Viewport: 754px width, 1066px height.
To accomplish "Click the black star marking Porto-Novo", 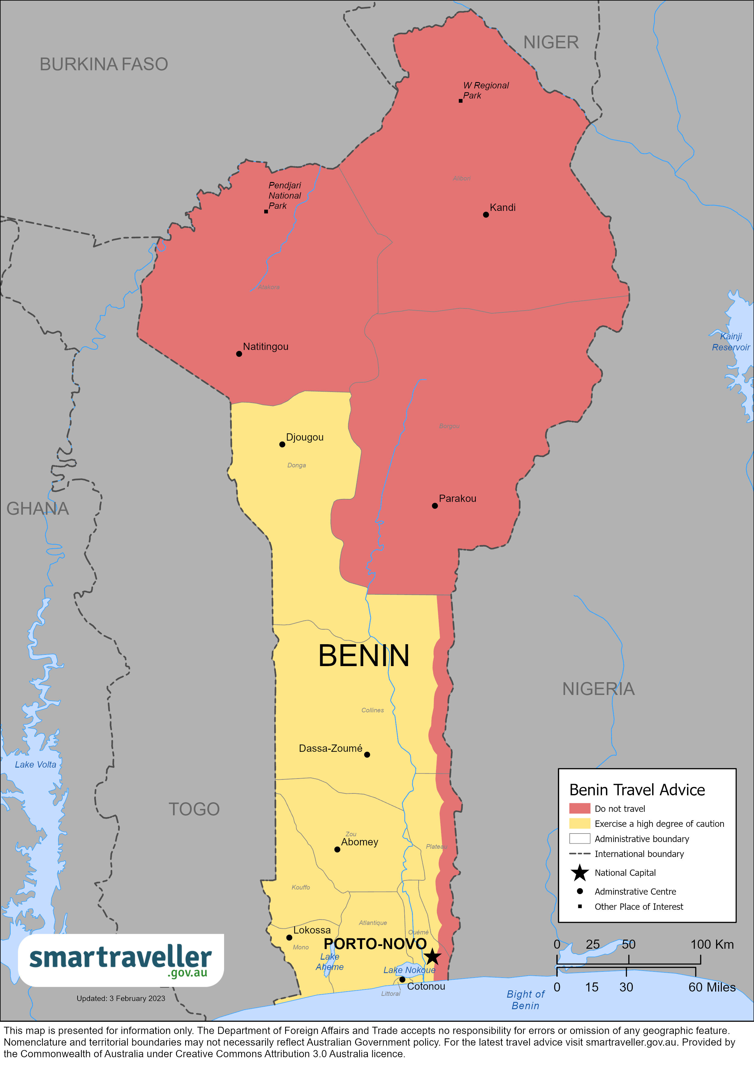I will [x=432, y=956].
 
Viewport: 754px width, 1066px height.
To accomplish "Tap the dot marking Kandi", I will [x=486, y=215].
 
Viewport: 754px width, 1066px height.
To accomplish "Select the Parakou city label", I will [x=457, y=498].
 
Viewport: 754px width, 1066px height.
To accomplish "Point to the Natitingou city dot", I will [x=239, y=354].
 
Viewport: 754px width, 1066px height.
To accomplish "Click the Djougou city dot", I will [x=282, y=444].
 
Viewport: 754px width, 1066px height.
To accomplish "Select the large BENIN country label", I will [x=363, y=656].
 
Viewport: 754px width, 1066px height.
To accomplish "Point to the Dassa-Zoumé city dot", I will [x=367, y=755].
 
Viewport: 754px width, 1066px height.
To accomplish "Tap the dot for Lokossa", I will [x=289, y=937].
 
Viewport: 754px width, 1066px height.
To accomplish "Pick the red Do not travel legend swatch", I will [x=579, y=808].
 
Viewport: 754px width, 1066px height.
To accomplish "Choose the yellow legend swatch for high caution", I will [x=579, y=824].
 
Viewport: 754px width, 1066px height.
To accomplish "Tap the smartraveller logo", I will [x=121, y=960].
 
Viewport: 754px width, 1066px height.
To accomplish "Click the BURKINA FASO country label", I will [x=104, y=64].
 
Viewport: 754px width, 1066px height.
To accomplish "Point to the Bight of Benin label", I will [x=525, y=1000].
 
